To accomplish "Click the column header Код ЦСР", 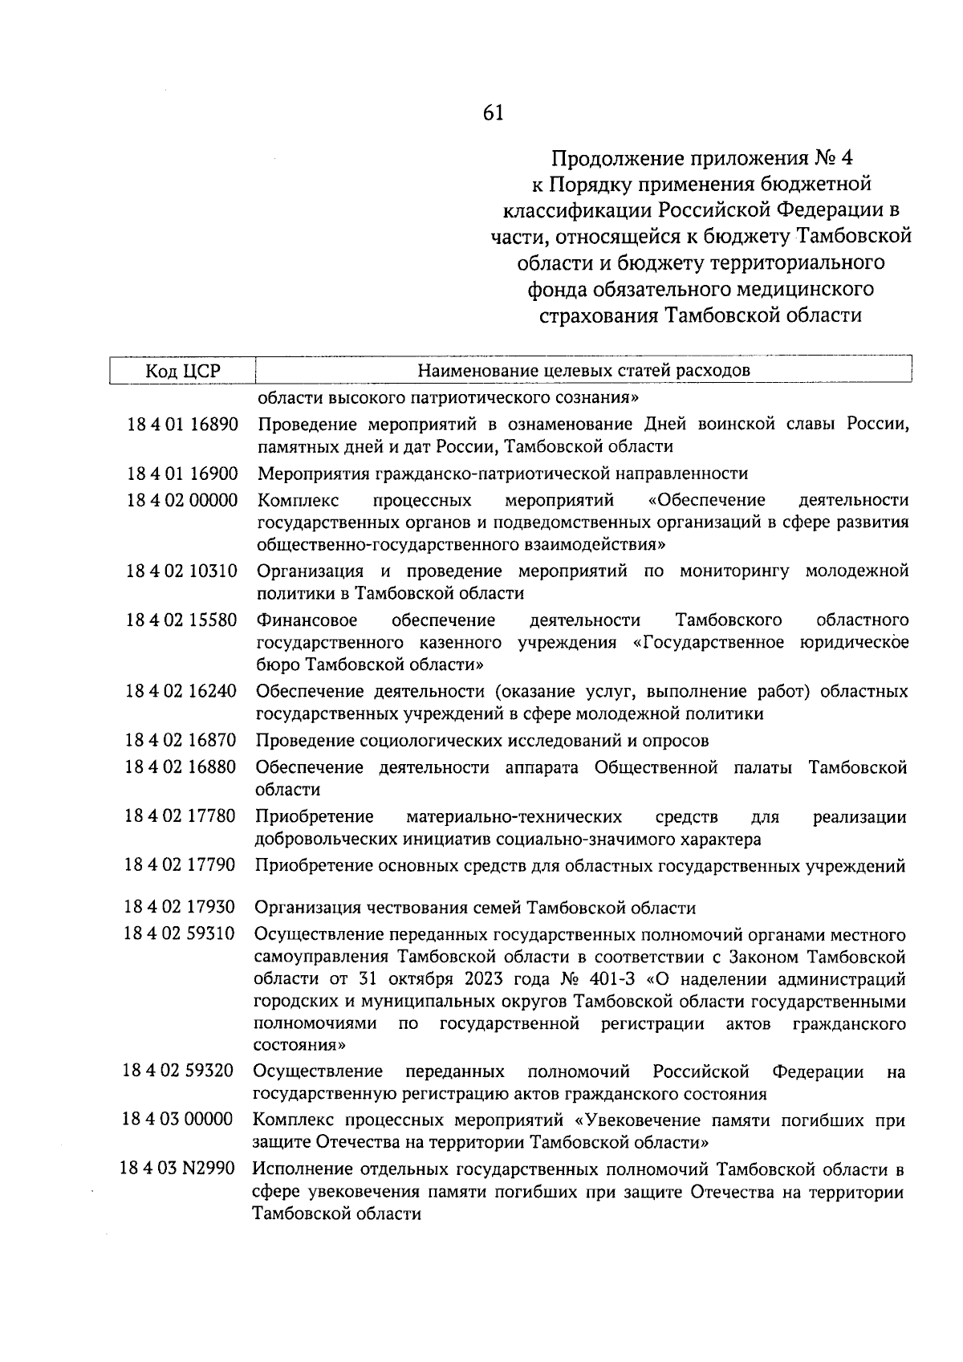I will click(183, 371).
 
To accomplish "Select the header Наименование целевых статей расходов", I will click(583, 371).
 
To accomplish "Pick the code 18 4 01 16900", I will click(182, 474).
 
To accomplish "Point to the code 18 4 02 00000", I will click(182, 500).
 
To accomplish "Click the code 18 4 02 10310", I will click(182, 571).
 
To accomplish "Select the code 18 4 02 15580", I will click(182, 620).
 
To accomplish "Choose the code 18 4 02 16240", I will click(181, 691).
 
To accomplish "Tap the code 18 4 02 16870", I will click(181, 740).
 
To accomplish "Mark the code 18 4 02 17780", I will click(181, 816).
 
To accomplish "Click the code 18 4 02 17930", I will click(180, 908).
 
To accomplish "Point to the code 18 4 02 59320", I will click(178, 1071).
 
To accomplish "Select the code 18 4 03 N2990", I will click(177, 1169).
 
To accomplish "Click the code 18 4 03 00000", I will click(178, 1120).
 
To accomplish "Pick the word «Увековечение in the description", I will click(636, 1120).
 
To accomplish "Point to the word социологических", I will click(437, 740).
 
